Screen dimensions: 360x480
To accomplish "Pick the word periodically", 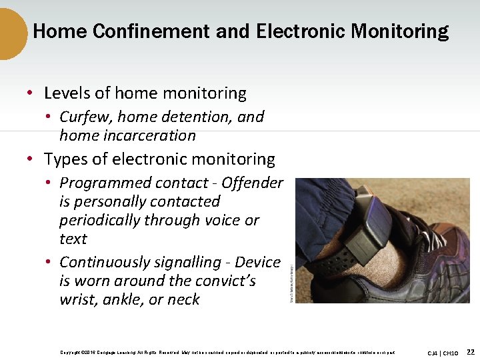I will (x=100, y=221).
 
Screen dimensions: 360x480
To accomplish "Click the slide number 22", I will (x=470, y=351).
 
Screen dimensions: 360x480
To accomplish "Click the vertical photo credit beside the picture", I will (x=291, y=280).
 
